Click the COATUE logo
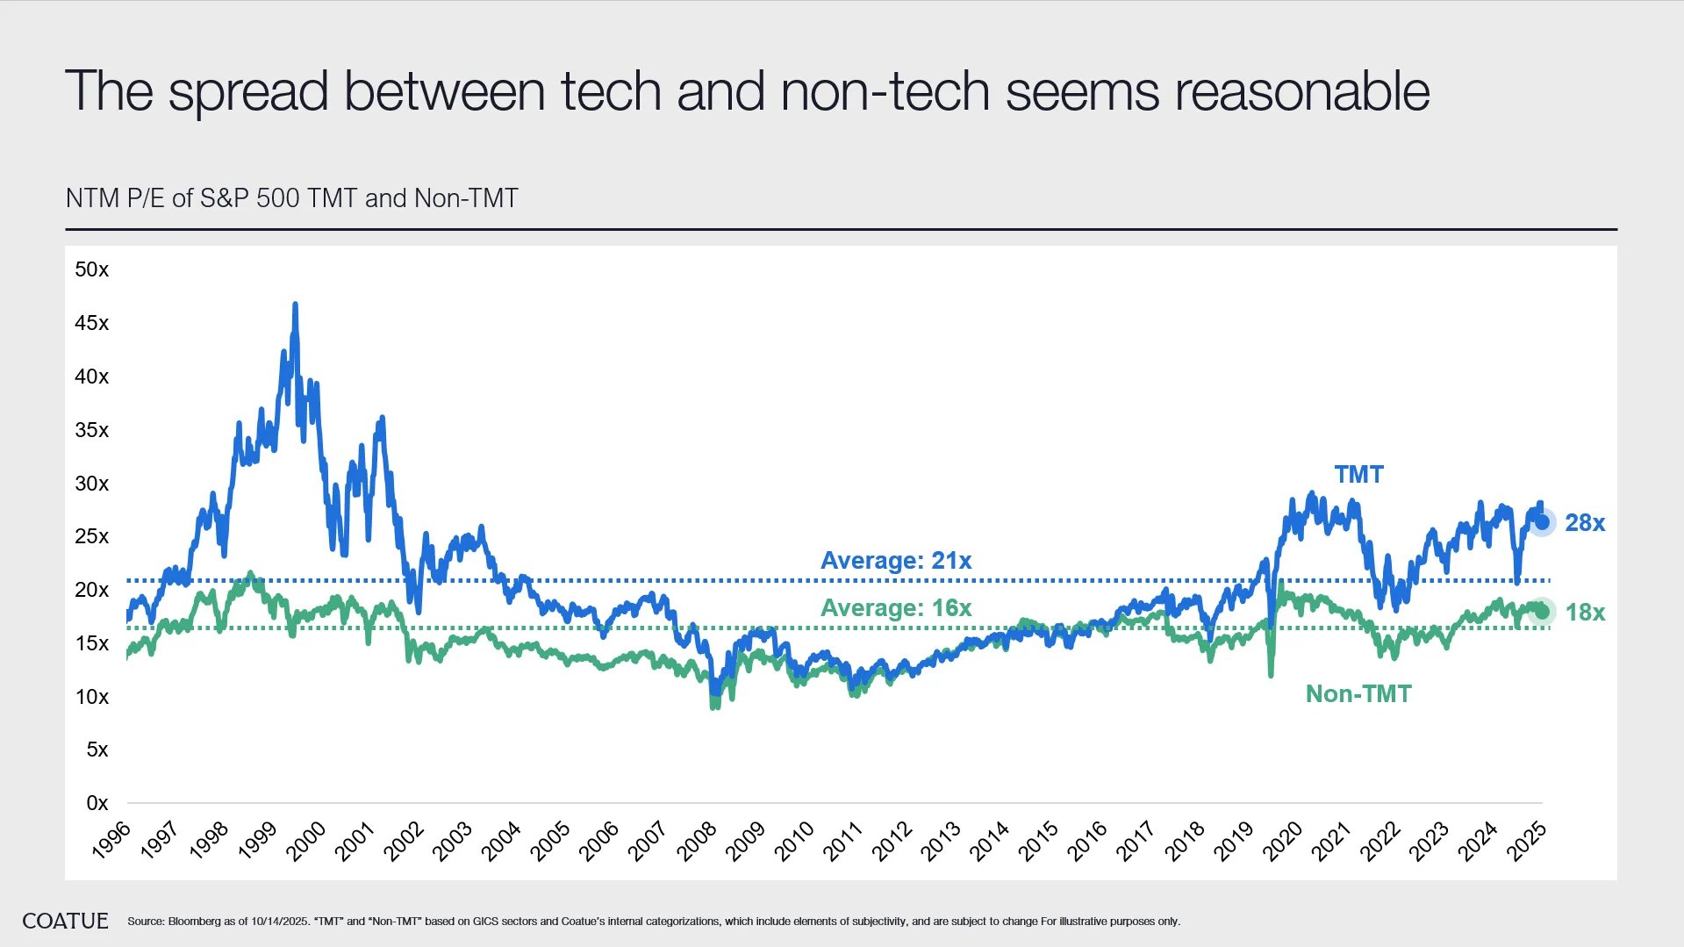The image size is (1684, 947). [x=65, y=921]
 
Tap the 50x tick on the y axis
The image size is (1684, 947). [x=92, y=269]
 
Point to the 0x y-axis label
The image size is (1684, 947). [x=97, y=803]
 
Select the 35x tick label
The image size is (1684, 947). [x=92, y=430]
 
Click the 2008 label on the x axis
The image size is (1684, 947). [x=698, y=841]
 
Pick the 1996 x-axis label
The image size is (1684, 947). [x=111, y=841]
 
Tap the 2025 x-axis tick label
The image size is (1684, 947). [x=1527, y=841]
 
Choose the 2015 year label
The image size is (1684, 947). [x=1039, y=841]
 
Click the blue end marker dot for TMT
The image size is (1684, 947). [x=1542, y=522]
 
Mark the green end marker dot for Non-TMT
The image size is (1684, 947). [x=1542, y=612]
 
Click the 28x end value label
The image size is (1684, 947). [x=1585, y=523]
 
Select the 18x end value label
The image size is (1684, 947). [x=1585, y=613]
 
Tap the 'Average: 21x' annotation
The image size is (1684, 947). [x=896, y=561]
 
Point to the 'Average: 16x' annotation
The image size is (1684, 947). [x=896, y=608]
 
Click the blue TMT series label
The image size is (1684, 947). [x=1358, y=475]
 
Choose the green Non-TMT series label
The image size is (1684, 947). [x=1358, y=694]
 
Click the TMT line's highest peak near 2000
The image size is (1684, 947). [x=295, y=305]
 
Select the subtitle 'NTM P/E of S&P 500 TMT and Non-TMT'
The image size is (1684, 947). [x=291, y=198]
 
